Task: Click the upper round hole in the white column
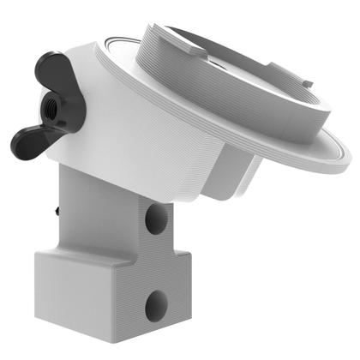(x=155, y=221)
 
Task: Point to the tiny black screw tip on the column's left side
(x=56, y=207)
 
